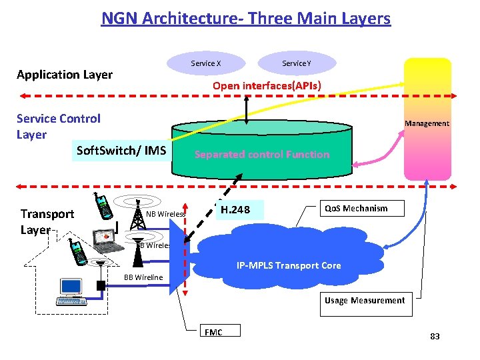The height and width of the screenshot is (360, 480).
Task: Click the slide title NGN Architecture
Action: [x=245, y=18]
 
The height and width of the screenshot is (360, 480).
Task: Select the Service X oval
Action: [x=205, y=63]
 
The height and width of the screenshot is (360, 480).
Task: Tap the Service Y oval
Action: [x=296, y=63]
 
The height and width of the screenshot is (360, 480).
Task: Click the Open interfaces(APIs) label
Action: [x=267, y=86]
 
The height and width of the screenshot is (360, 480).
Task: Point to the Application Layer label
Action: [x=65, y=75]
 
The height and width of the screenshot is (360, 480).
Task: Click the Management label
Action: [x=427, y=123]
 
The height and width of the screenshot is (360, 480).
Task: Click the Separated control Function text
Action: [x=261, y=155]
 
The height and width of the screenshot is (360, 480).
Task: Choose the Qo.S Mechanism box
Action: [x=355, y=209]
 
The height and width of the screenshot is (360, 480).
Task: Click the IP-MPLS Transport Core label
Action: [x=289, y=265]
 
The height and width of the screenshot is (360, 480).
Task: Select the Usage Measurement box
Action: [x=365, y=301]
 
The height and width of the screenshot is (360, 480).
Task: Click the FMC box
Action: [x=220, y=331]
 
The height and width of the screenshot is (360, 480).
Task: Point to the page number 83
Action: [x=435, y=337]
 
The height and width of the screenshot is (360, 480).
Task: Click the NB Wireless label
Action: [x=165, y=214]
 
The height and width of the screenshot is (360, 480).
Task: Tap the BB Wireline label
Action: [x=143, y=277]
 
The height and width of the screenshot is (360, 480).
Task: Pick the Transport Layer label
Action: [x=47, y=221]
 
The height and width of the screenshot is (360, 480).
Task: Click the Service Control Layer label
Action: [x=59, y=126]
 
